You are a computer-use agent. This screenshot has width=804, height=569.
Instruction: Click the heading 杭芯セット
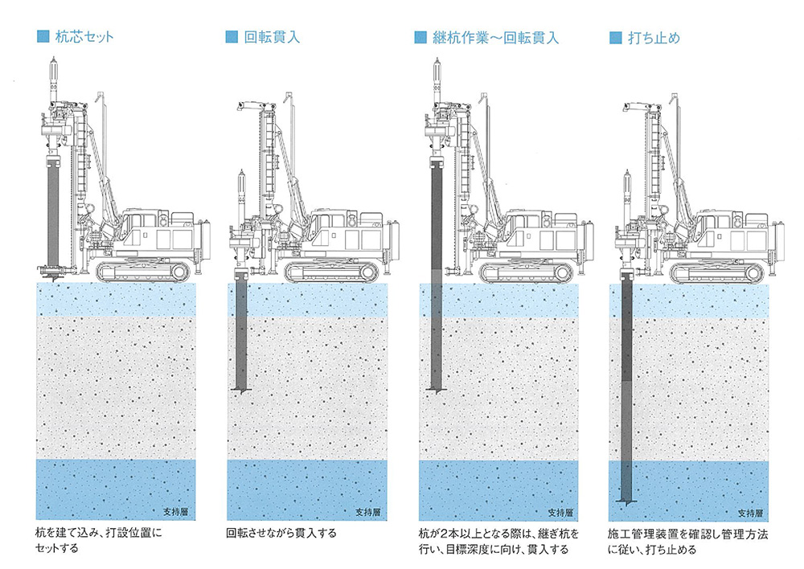click(x=84, y=37)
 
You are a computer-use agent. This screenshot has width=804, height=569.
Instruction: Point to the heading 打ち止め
click(x=655, y=37)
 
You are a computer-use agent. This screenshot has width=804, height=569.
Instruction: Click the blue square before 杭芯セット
click(x=43, y=37)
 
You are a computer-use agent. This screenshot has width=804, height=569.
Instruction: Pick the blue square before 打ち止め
click(x=616, y=37)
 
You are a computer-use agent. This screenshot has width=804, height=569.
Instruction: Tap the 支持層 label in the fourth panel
click(x=750, y=511)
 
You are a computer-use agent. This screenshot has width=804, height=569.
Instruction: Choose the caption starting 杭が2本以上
click(x=494, y=542)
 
